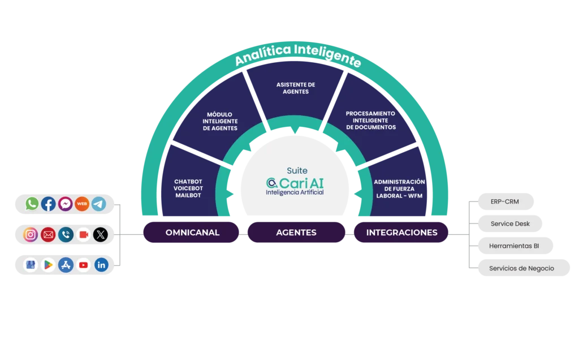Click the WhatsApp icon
32,204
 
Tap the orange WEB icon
82,204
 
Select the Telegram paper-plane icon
99,204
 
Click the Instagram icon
31,234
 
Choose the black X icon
100,234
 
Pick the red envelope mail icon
48,234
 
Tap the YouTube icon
84,265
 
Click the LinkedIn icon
101,265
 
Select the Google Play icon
49,265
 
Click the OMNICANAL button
192,233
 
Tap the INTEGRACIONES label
401,233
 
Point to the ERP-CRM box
505,201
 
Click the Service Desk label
510,224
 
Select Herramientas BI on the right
514,246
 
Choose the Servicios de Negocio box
521,268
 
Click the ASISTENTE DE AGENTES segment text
296,88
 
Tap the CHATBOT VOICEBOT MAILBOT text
188,188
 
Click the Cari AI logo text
295,183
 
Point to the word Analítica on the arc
263,54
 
